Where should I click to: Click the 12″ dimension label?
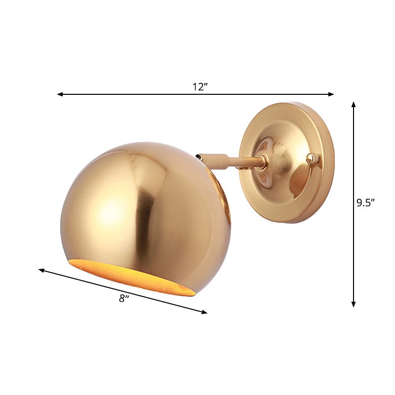[199, 87]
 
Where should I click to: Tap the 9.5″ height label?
[366, 203]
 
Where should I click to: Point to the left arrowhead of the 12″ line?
[60, 94]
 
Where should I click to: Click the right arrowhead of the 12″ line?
[332, 94]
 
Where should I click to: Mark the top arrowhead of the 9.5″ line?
[354, 105]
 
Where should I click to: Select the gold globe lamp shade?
[143, 207]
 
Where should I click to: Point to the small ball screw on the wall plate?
[311, 158]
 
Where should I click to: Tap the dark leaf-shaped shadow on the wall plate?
[297, 180]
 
